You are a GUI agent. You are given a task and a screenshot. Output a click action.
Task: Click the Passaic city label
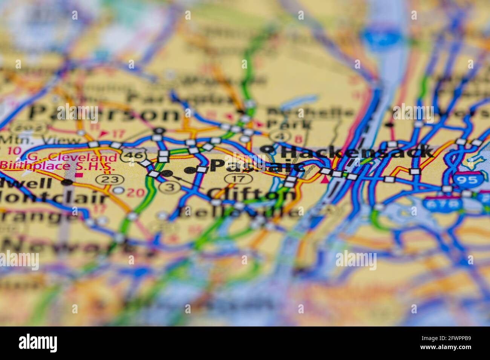coord(256,166)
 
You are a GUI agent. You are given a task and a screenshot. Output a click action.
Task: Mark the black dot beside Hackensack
coord(268,149)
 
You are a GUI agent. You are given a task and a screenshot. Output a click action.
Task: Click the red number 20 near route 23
coord(136,193)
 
